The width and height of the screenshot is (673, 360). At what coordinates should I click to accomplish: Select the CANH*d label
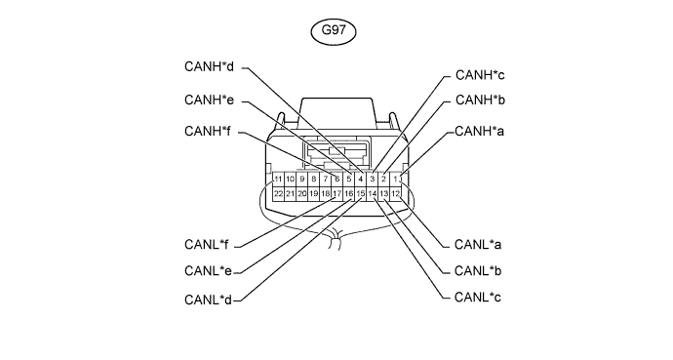(x=209, y=67)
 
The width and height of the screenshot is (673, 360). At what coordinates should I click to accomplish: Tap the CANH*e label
(x=209, y=100)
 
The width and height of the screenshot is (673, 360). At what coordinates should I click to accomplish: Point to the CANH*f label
(x=208, y=132)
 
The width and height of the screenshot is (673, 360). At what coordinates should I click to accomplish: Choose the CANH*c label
(x=480, y=75)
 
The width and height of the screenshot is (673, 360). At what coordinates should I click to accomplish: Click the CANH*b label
(x=480, y=100)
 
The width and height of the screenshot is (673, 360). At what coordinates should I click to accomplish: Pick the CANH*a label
(x=479, y=132)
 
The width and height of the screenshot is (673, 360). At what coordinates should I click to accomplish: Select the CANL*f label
(x=206, y=245)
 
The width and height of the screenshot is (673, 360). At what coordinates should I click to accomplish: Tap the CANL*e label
(x=208, y=271)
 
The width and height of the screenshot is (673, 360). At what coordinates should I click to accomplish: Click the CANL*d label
(x=208, y=300)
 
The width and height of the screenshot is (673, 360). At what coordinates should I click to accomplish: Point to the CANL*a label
(x=478, y=245)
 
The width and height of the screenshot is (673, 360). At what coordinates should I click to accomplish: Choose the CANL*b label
(x=478, y=271)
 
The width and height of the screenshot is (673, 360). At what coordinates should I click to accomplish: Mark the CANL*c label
(x=477, y=298)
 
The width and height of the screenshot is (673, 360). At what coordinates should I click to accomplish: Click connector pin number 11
(x=278, y=179)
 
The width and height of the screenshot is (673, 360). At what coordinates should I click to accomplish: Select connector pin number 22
(x=278, y=194)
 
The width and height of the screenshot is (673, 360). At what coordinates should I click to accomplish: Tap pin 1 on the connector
(x=395, y=179)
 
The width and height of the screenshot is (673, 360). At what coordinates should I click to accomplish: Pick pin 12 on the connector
(x=395, y=194)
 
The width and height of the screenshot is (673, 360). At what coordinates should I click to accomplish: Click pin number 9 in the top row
(x=301, y=179)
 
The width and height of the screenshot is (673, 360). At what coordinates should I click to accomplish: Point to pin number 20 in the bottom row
(x=301, y=194)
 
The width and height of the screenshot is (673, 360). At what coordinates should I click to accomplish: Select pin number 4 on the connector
(x=361, y=179)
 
